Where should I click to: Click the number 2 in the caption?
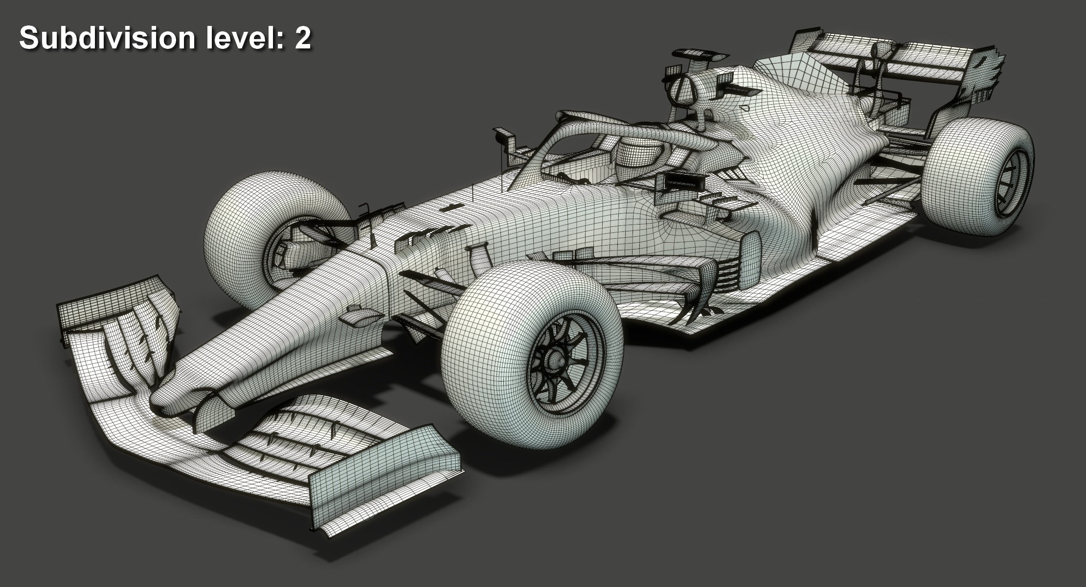coord(303,38)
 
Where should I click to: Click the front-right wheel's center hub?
coord(555,361)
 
